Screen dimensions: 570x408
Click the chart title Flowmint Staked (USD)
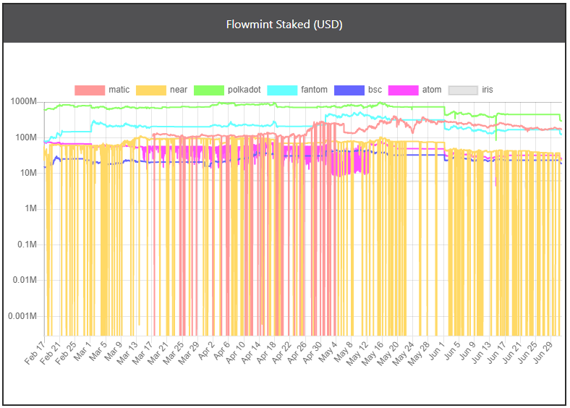coord(284,25)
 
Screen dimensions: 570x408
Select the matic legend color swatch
coord(90,90)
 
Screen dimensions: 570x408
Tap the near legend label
coord(179,90)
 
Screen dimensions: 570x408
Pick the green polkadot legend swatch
coord(209,90)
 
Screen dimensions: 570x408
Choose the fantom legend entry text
coord(314,90)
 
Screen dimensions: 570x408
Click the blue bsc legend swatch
coord(349,90)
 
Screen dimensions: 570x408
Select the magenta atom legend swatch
coord(403,90)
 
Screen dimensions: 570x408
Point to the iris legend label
coord(487,90)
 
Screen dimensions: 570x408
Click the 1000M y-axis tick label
coord(24,102)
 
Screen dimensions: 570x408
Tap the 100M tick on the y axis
coord(26,137)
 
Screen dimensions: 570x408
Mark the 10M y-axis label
coord(28,173)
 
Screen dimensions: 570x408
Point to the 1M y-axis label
coord(30,209)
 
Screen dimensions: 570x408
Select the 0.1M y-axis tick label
coord(27,245)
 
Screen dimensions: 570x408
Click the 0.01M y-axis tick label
coord(25,280)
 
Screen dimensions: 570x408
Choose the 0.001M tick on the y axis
coord(22,316)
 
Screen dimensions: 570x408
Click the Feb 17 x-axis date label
coord(35,353)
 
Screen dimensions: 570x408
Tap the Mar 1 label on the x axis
coord(82,352)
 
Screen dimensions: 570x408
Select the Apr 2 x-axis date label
coord(206,351)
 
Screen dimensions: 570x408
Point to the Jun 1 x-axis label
coord(436,351)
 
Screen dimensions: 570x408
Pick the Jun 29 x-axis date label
coord(543,352)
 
